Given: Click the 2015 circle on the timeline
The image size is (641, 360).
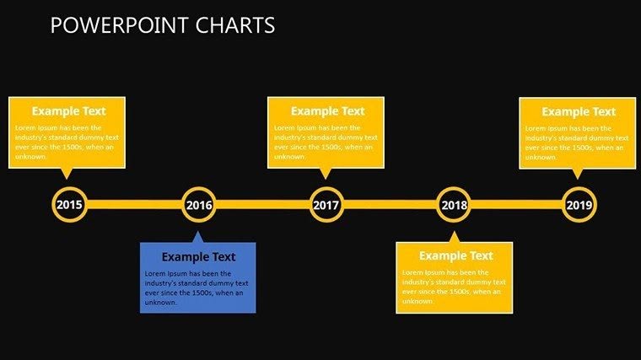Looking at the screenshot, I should pos(69,205).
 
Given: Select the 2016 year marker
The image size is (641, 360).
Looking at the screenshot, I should pos(198,205).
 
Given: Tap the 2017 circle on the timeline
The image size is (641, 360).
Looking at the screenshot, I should pos(326,205).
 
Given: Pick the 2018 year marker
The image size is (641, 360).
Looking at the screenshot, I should pos(453,205).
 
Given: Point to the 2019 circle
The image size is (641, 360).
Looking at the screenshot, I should pos(579,205).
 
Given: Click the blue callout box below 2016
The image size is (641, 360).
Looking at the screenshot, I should pos(197,278).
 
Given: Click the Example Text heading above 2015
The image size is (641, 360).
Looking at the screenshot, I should pos(67,110).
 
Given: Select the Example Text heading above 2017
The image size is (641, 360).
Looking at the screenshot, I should pos(327,110).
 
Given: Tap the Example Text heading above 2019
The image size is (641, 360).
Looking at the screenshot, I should pos(579,111).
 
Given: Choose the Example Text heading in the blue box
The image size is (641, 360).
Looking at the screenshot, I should pos(198,257).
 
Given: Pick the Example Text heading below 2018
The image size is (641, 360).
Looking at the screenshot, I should pos(455,255).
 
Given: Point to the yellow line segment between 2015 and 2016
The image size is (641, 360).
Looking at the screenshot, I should pos(133,204).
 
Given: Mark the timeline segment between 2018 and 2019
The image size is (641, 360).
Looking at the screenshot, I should pos(516,204).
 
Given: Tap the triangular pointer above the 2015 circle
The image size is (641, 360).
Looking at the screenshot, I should pos(67,173).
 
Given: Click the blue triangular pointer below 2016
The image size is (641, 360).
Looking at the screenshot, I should pos(197,237).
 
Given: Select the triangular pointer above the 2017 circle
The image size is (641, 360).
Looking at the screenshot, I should pos(326,173).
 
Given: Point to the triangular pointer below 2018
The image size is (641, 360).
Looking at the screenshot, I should pos(454,237).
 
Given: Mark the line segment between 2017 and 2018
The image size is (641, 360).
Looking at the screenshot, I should pos(390,204).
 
